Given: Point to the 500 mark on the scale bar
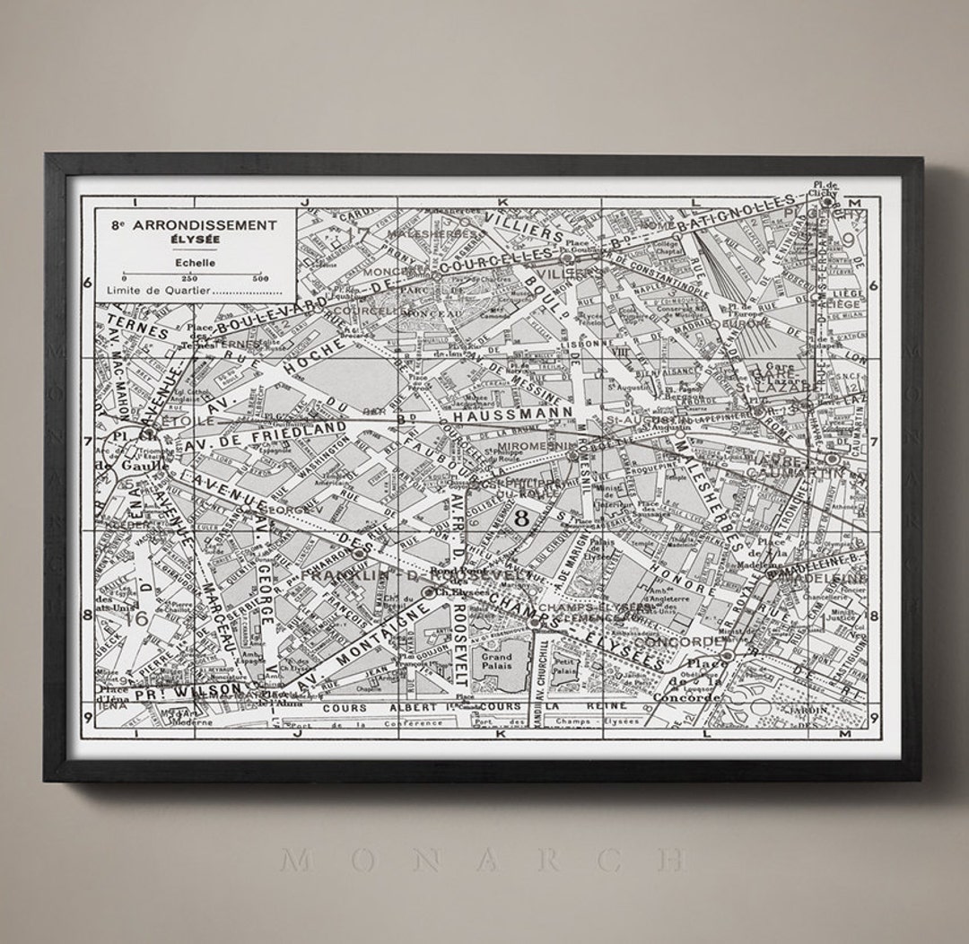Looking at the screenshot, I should tap(261, 278).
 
